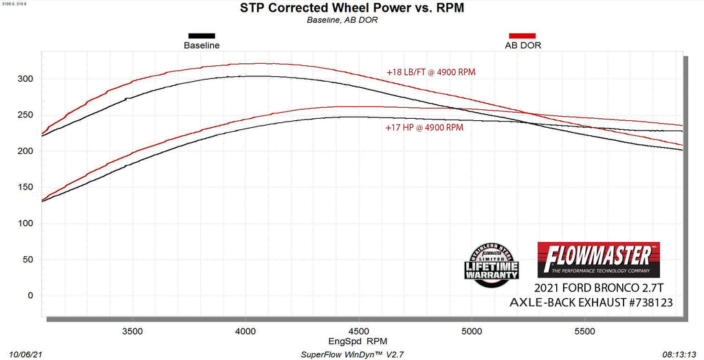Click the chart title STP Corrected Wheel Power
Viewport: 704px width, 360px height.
pyautogui.click(x=342, y=8)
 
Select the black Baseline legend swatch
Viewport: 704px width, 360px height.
pyautogui.click(x=201, y=36)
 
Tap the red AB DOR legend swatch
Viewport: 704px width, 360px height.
pyautogui.click(x=522, y=36)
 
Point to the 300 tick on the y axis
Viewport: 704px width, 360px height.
pyautogui.click(x=25, y=79)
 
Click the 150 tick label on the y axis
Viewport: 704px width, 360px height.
pyautogui.click(x=25, y=188)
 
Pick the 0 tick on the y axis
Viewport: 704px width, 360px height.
pyautogui.click(x=29, y=296)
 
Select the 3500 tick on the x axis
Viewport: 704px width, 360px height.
pyautogui.click(x=132, y=330)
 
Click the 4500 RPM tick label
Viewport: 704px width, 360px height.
pyautogui.click(x=359, y=330)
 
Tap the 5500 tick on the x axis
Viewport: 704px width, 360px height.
pyautogui.click(x=584, y=330)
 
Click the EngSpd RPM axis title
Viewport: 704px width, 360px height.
pyautogui.click(x=358, y=340)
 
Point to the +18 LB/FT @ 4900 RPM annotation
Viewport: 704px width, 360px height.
pyautogui.click(x=430, y=71)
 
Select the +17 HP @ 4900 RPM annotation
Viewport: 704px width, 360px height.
pyautogui.click(x=424, y=127)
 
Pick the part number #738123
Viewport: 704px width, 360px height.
pyautogui.click(x=643, y=302)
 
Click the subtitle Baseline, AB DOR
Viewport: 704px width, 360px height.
pyautogui.click(x=342, y=20)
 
